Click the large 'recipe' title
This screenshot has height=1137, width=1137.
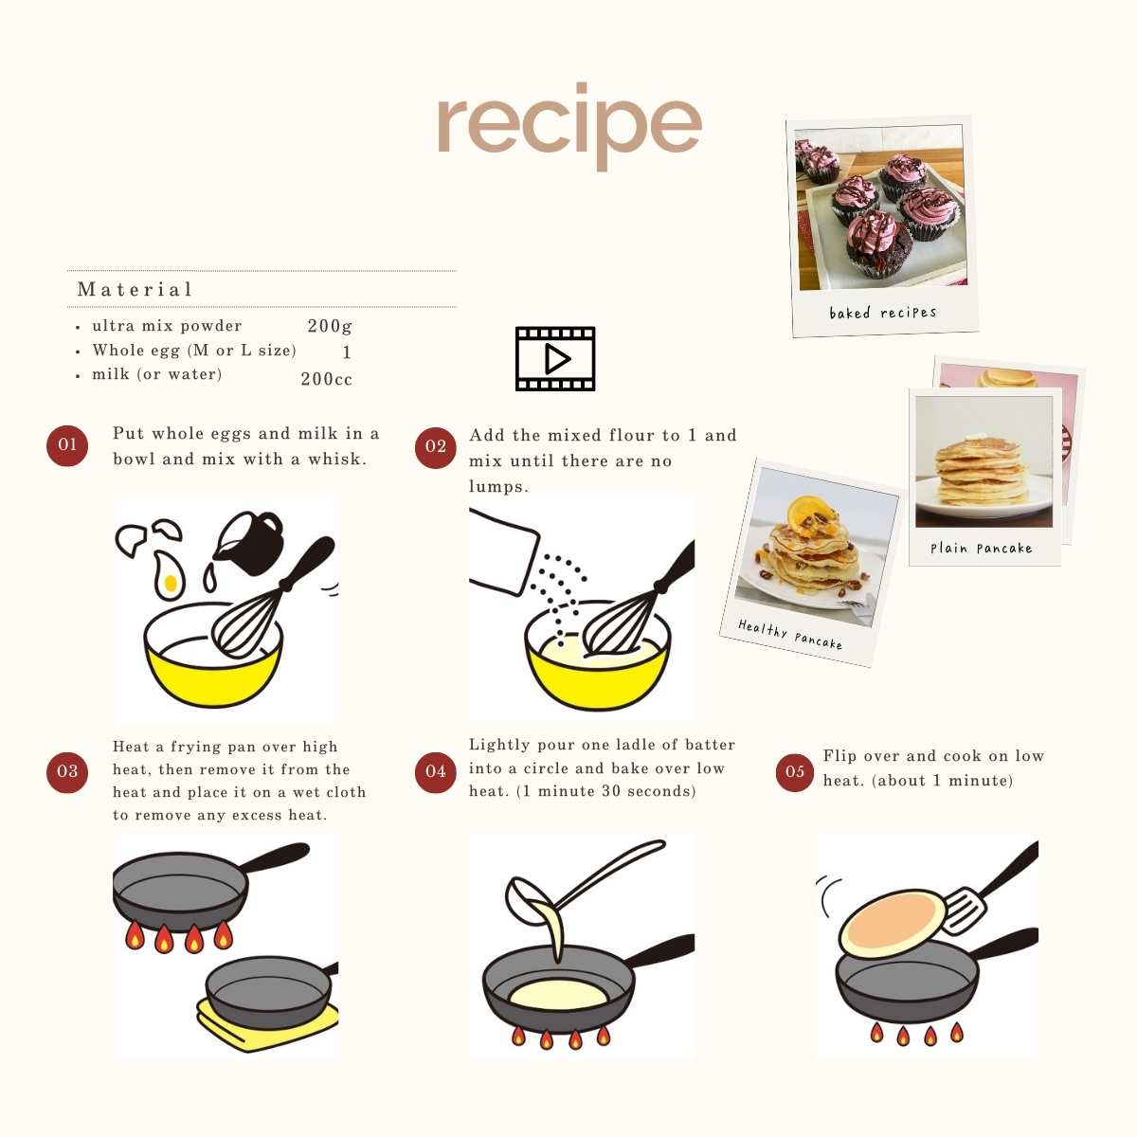click(x=569, y=126)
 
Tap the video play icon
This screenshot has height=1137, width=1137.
click(x=555, y=358)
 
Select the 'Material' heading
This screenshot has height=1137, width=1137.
click(x=135, y=289)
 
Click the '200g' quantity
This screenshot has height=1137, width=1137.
click(x=329, y=326)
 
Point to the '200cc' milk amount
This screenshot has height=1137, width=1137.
click(x=326, y=379)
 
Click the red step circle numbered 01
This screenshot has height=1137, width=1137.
click(x=67, y=445)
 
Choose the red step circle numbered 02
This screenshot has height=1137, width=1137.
click(x=436, y=448)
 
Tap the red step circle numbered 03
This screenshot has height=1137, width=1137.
click(x=67, y=772)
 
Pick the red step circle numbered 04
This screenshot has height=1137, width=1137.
click(x=436, y=772)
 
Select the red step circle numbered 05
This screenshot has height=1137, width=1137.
click(x=794, y=772)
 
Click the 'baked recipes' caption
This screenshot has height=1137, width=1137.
click(x=883, y=312)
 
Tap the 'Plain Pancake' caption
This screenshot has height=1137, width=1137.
click(x=982, y=549)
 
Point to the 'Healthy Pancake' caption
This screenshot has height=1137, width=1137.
click(x=790, y=634)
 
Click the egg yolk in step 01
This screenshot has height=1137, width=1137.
click(x=171, y=584)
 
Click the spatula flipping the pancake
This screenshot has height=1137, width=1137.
click(x=986, y=890)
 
